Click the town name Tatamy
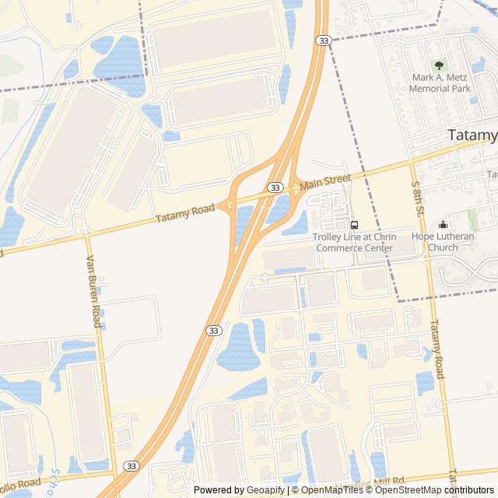pyautogui.click(x=473, y=135)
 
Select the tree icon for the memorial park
pyautogui.click(x=440, y=66)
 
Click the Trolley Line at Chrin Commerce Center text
pyautogui.click(x=354, y=242)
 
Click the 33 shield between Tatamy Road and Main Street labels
pyautogui.click(x=275, y=188)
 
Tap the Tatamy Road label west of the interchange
pyautogui.click(x=185, y=214)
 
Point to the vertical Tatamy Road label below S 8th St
pyautogui.click(x=436, y=349)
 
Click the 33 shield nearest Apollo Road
pyautogui.click(x=130, y=467)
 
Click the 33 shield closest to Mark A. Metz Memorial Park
pyautogui.click(x=321, y=40)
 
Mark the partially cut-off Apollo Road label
pyautogui.click(x=19, y=484)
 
